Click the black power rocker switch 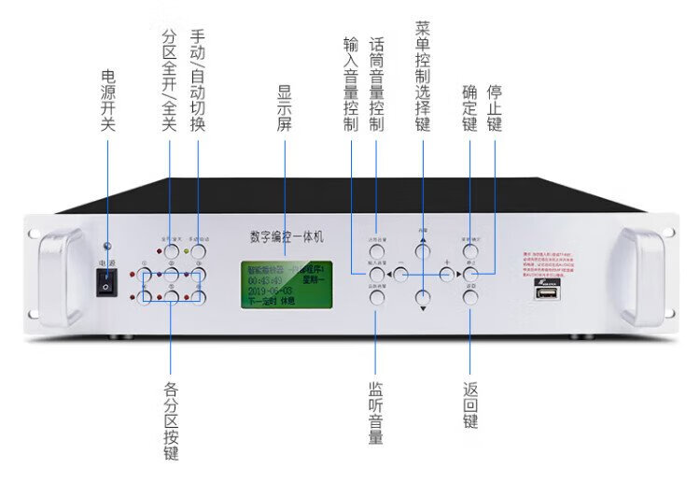106,285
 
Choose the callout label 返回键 469,403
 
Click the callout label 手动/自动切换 197,80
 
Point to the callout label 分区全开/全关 169,80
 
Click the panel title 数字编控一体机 286,238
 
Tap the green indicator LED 187,251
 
